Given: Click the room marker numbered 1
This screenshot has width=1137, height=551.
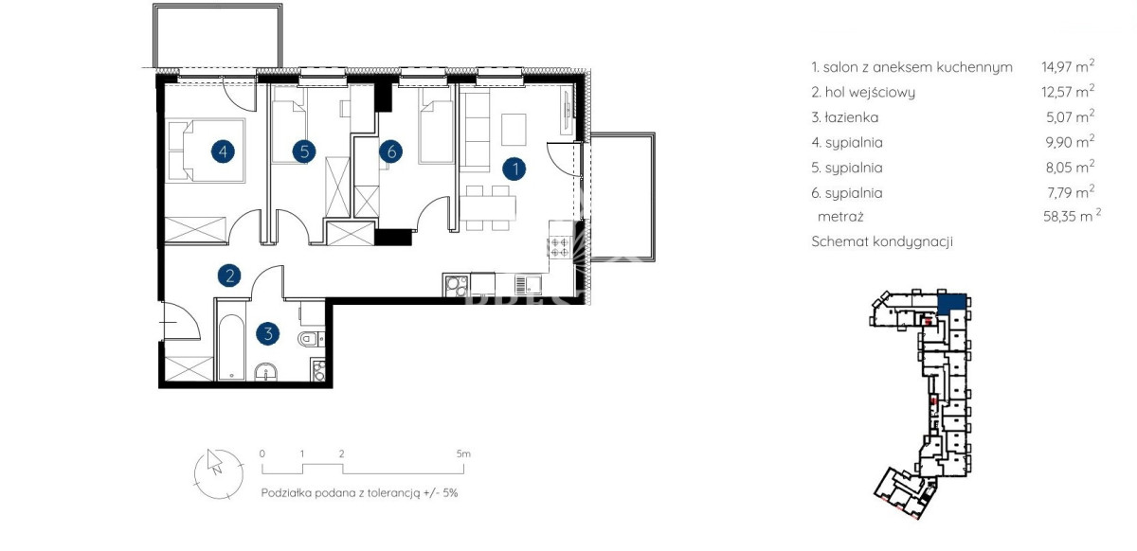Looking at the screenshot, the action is point(514,169).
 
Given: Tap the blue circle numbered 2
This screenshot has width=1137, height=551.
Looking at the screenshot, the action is point(229,275).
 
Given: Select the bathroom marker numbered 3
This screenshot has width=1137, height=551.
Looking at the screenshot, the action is point(268,334).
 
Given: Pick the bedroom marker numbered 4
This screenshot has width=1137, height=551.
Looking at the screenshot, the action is point(223,151).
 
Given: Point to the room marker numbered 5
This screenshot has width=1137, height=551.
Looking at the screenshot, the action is point(304,151).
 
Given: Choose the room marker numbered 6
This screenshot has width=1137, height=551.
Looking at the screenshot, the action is point(390,151).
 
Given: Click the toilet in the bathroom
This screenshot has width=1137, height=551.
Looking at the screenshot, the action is point(311,338).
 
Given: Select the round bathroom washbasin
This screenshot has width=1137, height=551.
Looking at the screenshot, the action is point(265,372).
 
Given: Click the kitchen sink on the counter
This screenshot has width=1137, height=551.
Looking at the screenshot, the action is point(528,285).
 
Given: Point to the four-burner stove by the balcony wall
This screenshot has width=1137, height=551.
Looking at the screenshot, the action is point(560,247).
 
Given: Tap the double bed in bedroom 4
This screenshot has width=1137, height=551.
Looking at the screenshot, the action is point(205,151).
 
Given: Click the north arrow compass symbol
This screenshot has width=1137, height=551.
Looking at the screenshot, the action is point(218,474).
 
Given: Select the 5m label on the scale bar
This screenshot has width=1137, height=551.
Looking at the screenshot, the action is point(463,453).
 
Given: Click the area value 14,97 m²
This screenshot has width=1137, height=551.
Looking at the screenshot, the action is point(1068,66).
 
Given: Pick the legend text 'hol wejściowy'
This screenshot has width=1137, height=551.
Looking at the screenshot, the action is point(870,93).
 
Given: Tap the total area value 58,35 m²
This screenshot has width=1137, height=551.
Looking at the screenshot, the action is point(1072,216).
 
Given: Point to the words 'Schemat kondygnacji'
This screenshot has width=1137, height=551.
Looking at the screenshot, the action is point(882,241).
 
